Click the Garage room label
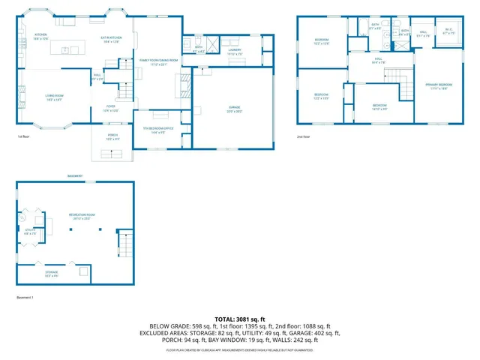pos(235,109)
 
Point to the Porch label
pos(112,138)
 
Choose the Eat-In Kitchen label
pos(111,40)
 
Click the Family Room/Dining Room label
pos(157,61)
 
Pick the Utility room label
pos(30,231)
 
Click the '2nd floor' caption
pos(303,136)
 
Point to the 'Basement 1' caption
pos(25,298)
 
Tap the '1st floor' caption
pos(22,136)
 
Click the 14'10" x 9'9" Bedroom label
pos(379,106)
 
